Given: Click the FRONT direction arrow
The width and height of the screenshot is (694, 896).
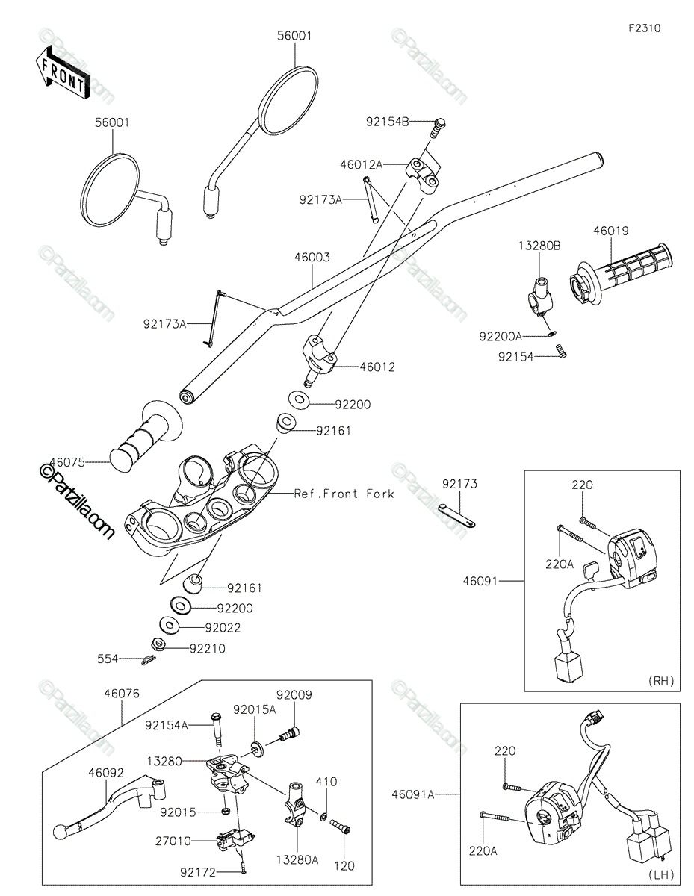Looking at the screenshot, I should [63, 71].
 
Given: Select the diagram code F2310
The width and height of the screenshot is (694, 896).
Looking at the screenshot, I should [644, 28].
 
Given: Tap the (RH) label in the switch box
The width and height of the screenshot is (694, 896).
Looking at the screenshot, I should [661, 680].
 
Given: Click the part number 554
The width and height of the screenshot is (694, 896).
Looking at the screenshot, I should [108, 659].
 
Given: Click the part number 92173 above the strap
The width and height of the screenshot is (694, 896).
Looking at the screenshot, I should [459, 484].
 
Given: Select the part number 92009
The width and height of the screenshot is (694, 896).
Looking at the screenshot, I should [294, 694].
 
